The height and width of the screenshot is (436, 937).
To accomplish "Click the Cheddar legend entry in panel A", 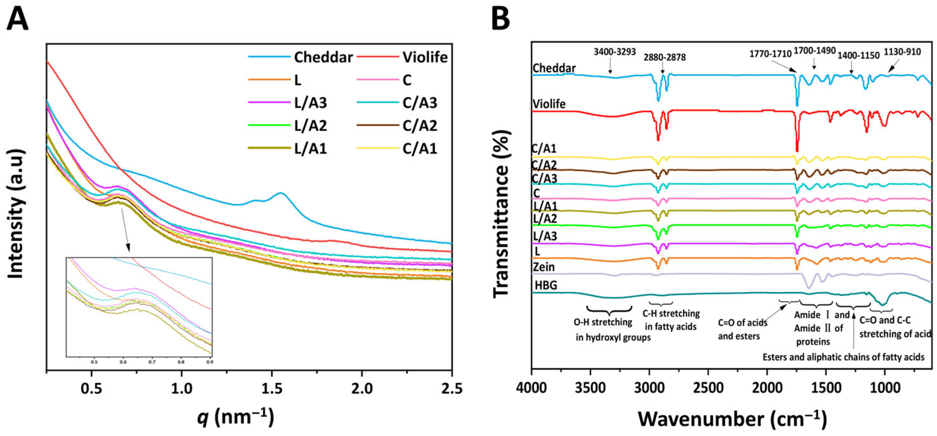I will pos(323,57).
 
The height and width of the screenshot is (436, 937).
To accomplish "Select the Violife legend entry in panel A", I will pos(425,57).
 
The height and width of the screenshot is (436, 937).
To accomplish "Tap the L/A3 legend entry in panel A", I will pos(310,103).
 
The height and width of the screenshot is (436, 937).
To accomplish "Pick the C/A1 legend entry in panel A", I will pos(420,149).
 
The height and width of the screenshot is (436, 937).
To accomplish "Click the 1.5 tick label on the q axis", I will pos(271,388).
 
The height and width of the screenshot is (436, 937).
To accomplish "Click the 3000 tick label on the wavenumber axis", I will pos(649,388).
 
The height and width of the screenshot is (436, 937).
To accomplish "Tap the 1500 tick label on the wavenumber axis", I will pos(826,388).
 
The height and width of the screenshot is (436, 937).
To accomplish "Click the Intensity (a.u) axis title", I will pos(16,214).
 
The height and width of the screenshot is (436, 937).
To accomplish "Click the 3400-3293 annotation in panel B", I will pos(615,52).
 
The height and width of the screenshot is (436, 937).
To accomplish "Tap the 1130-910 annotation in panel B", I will pos(902,52).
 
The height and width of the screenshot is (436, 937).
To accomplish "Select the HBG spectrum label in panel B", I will pos(546,285).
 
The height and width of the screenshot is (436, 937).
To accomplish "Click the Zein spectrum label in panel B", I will pos(544,267).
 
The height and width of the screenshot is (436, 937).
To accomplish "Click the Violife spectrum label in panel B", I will pos(549,104).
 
